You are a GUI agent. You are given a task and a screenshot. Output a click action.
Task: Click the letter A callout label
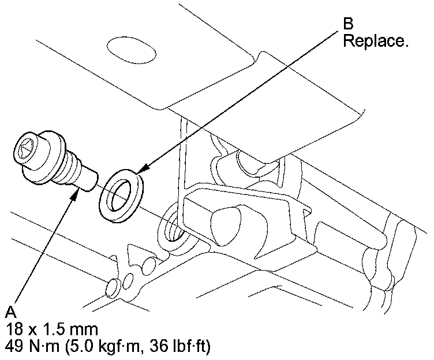(x=10, y=312)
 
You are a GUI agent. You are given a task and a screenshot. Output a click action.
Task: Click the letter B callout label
(x=349, y=24)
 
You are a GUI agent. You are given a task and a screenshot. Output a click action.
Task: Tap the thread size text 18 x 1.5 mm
(x=51, y=329)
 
